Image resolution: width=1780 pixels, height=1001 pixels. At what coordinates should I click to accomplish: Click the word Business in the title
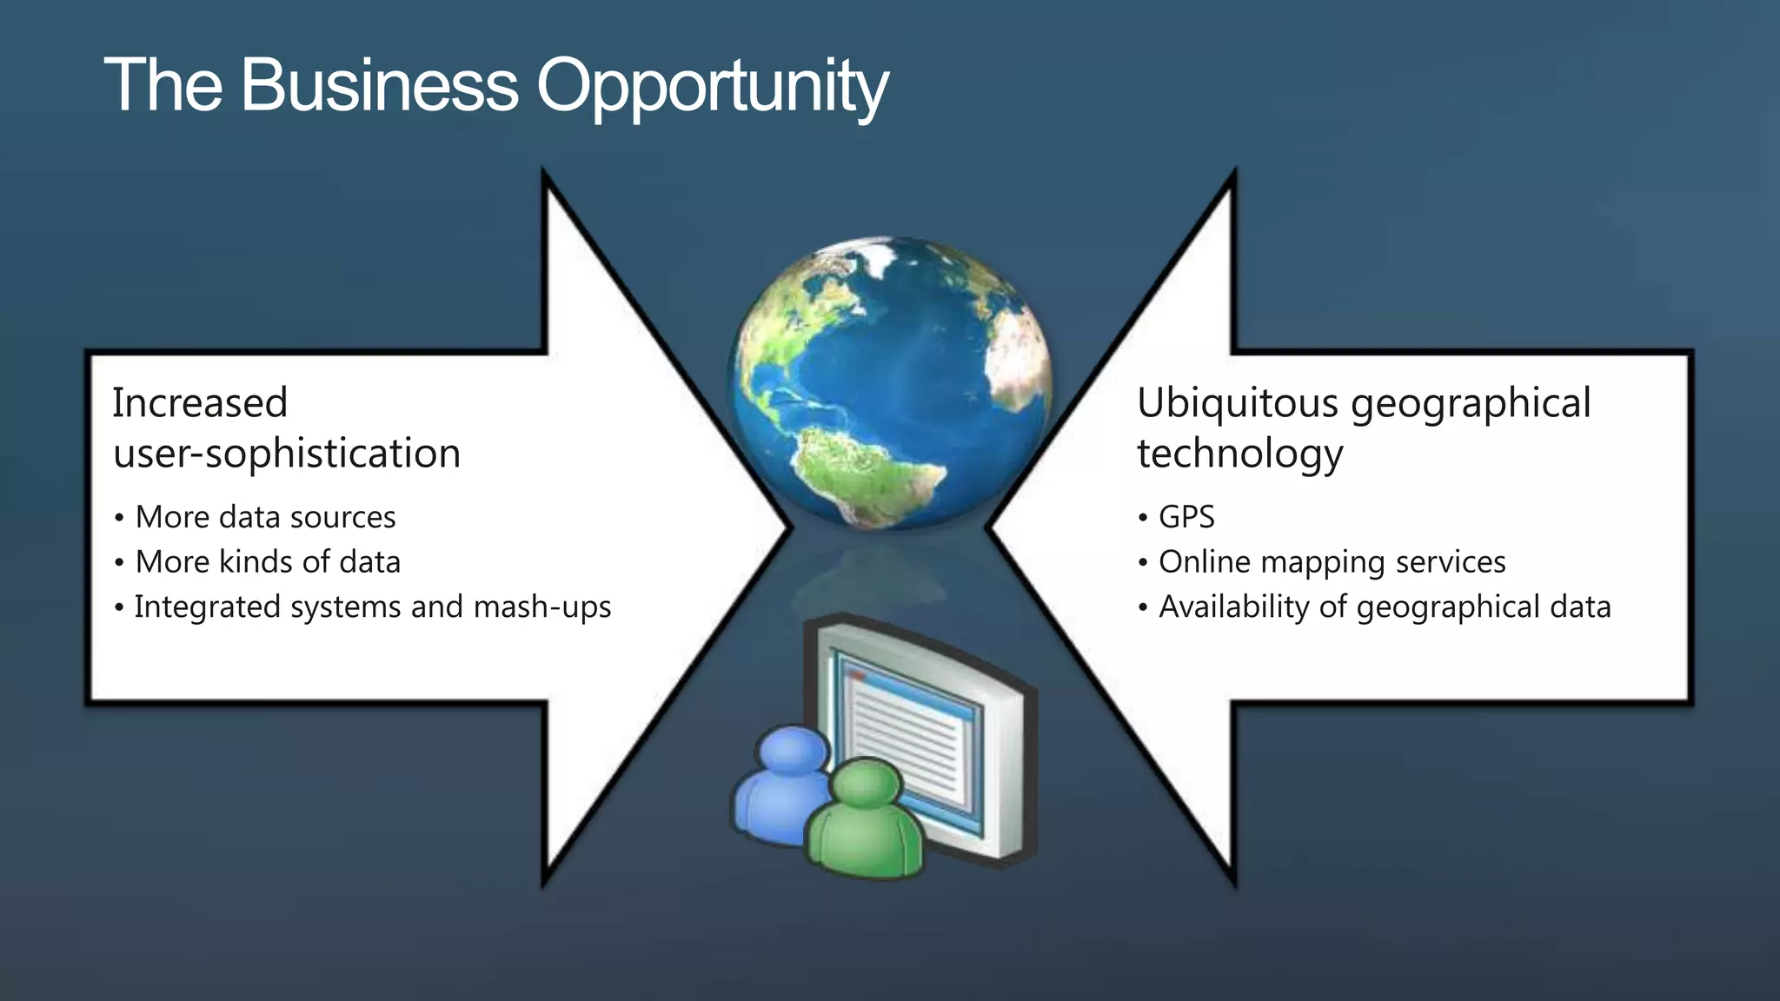[379, 85]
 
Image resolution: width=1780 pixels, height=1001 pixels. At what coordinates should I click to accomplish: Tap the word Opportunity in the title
[713, 87]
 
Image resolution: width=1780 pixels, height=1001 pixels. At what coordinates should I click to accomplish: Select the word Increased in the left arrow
[200, 403]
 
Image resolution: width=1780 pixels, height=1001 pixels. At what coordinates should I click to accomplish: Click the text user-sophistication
[287, 454]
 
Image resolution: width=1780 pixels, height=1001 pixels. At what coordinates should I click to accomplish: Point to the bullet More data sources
[265, 517]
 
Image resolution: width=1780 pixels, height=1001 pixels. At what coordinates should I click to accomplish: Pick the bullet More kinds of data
[268, 562]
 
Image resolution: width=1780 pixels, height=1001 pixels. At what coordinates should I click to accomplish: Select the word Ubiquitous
[1238, 403]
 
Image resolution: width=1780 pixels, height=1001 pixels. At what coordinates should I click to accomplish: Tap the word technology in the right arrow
[1240, 454]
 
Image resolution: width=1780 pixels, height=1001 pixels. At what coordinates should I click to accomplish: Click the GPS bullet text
[1186, 517]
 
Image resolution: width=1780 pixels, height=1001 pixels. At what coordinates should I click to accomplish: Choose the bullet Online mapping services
[1332, 562]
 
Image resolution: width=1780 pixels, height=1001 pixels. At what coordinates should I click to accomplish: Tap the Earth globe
[891, 382]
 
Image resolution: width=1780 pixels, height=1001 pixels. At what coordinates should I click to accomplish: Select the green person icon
[865, 821]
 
